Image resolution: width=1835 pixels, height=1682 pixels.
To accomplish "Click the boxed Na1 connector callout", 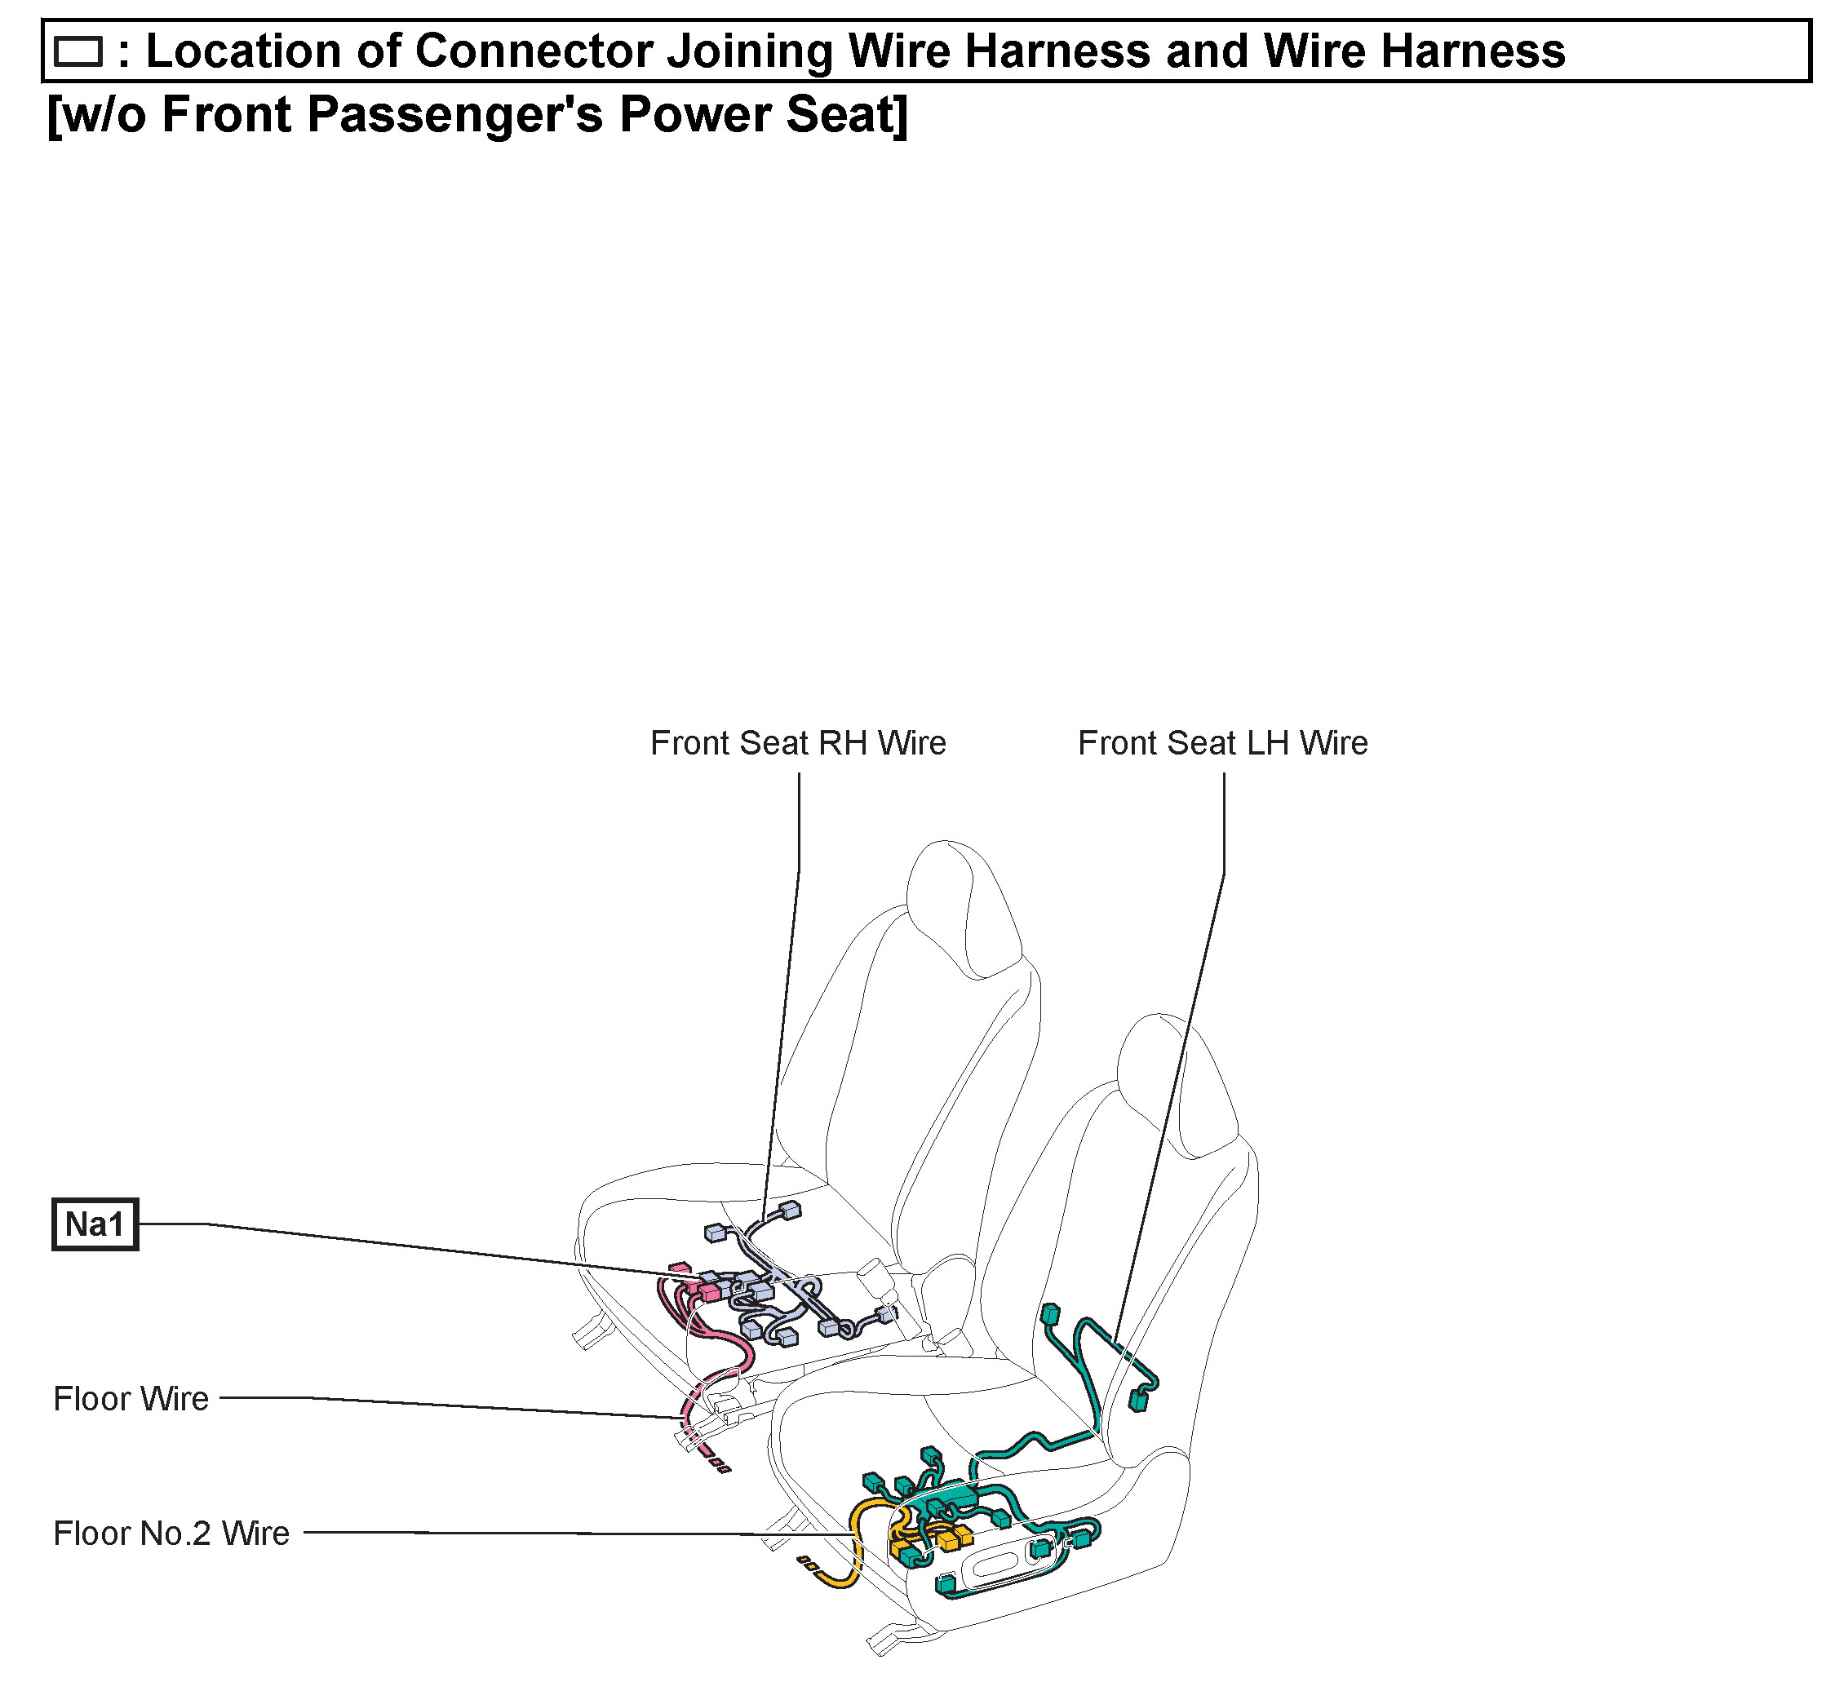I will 95,1225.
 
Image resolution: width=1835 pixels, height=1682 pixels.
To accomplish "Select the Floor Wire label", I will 131,1399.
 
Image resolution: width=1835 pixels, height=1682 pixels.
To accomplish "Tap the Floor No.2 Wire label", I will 171,1534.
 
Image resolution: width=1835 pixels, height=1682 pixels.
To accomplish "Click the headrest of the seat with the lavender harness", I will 963,910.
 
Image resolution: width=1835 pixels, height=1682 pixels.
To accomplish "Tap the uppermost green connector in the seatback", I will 1050,1313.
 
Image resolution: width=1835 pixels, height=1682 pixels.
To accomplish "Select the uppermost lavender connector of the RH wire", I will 791,1210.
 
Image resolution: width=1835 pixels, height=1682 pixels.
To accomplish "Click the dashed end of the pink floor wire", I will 717,1464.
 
